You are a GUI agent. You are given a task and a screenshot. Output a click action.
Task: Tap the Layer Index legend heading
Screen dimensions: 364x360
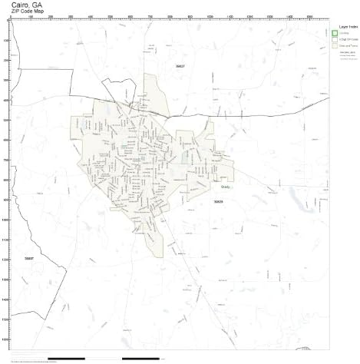click(x=341, y=25)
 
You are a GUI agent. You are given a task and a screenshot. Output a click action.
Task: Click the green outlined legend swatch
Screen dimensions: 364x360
click(x=335, y=33)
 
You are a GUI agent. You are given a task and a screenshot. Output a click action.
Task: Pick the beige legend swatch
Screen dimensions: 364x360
click(x=335, y=46)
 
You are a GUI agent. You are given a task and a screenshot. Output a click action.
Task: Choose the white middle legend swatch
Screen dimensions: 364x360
click(x=335, y=39)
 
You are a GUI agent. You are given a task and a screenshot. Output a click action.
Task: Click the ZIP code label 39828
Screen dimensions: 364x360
click(x=219, y=201)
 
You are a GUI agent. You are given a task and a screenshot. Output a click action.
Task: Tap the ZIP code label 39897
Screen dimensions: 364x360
click(x=29, y=259)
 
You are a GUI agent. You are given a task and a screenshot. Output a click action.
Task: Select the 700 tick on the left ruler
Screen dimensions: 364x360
click(x=5, y=160)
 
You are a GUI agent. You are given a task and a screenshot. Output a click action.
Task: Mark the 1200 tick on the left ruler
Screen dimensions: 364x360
click(x=5, y=260)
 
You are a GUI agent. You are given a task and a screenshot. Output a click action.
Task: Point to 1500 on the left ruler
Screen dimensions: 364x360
click(x=5, y=319)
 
